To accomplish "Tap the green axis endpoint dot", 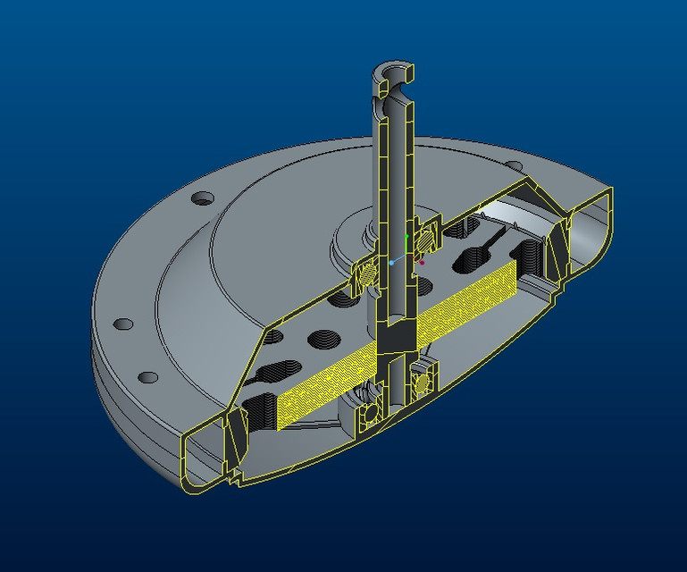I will [406, 237].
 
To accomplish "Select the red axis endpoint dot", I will [422, 262].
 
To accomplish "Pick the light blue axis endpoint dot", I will [391, 263].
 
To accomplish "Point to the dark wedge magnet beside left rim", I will [234, 431].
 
